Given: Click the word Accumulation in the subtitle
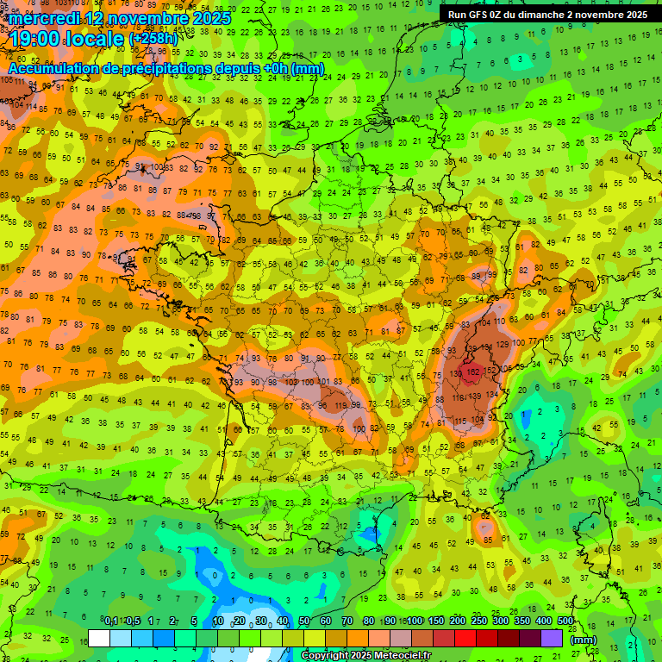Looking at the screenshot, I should pos(59,68).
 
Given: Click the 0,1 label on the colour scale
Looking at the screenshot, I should pos(111,621).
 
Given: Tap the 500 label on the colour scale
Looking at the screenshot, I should pos(565,621).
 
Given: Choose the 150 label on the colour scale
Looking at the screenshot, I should pos(436,621).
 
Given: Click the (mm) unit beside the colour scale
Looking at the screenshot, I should pos(584,640).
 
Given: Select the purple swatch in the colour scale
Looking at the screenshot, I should pos(552,638).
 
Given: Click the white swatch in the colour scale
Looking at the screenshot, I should pos(99,638).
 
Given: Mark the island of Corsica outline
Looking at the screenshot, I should pos(592,539).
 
